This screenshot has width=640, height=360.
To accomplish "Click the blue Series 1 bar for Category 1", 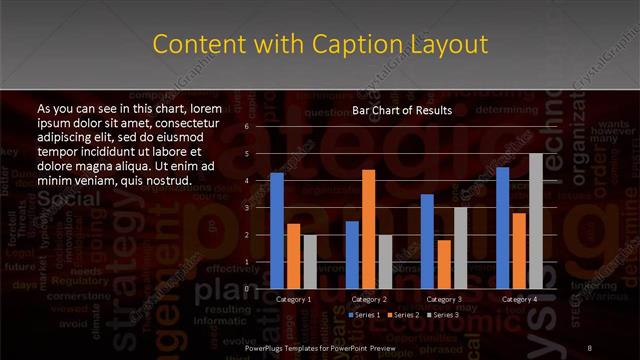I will pyautogui.click(x=277, y=230).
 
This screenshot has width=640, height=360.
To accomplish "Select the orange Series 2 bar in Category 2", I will pyautogui.click(x=368, y=228).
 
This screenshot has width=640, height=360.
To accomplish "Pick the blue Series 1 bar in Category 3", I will pyautogui.click(x=427, y=240).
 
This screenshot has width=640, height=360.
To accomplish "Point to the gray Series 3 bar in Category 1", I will pyautogui.click(x=310, y=261).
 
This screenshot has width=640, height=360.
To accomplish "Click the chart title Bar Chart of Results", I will pyautogui.click(x=402, y=110).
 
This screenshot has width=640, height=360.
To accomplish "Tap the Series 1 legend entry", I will pyautogui.click(x=364, y=315).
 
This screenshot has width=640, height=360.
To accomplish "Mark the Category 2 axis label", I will pyautogui.click(x=369, y=299).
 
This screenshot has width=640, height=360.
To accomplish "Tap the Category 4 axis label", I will pyautogui.click(x=519, y=299).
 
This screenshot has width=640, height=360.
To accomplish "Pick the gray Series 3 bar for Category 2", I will pyautogui.click(x=385, y=261).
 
